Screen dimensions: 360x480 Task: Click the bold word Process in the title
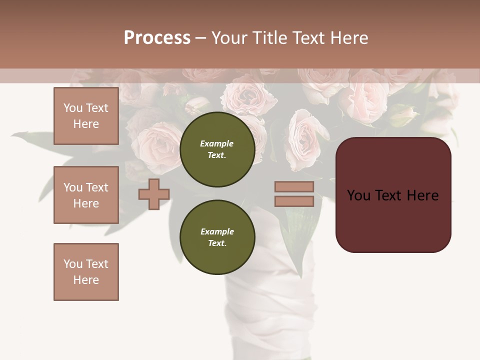pos(157,38)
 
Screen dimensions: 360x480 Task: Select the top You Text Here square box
pos(86,116)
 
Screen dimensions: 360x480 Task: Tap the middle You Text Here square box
pos(86,195)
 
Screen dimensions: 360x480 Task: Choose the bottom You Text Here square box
pos(86,271)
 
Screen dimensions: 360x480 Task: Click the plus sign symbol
pos(154,194)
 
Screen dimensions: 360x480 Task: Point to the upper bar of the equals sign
pos(294,187)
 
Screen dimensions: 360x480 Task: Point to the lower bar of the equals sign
pos(294,201)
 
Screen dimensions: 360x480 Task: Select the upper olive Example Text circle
pos(217,149)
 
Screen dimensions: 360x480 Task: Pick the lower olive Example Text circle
pos(217,237)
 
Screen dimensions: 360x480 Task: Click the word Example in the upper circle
pos(217,143)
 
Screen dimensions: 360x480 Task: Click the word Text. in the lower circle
pos(217,243)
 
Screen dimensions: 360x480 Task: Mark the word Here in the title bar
pos(349,38)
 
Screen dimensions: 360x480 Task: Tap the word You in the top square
pos(72,108)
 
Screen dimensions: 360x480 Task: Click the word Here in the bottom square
pos(86,280)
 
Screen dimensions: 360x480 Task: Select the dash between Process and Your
pos(200,38)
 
